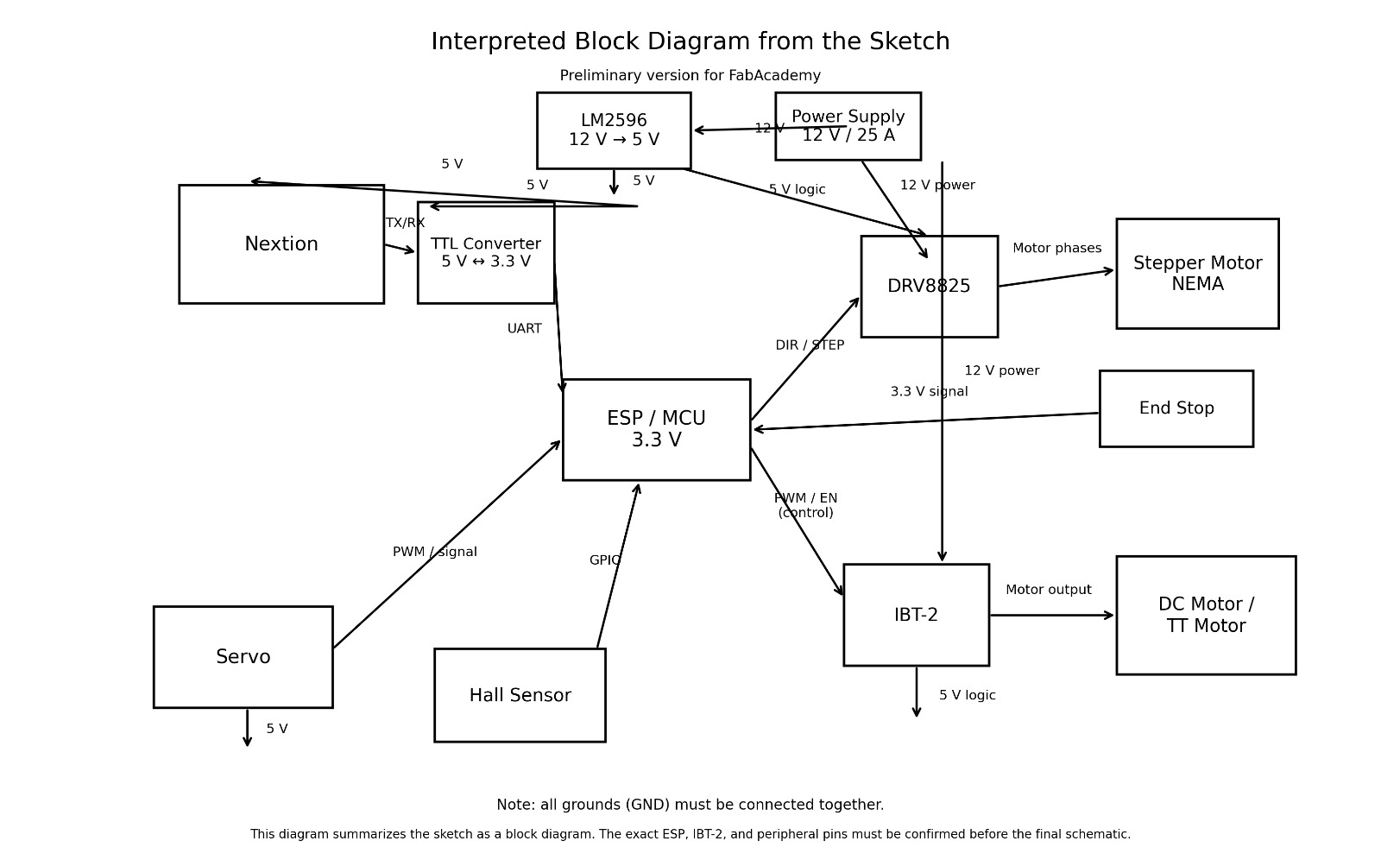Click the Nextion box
click(x=281, y=244)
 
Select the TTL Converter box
click(x=486, y=253)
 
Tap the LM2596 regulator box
click(x=614, y=130)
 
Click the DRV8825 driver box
click(x=930, y=287)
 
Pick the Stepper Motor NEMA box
click(x=1197, y=274)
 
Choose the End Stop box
click(x=1176, y=408)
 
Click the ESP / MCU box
click(x=656, y=429)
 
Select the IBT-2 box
click(x=916, y=615)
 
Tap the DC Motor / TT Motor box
click(x=1206, y=615)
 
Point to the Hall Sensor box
click(x=520, y=695)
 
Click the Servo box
click(x=243, y=657)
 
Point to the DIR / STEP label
click(x=810, y=345)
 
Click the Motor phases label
click(x=1056, y=249)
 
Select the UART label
click(x=524, y=329)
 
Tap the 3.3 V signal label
click(x=929, y=392)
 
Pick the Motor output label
click(x=1048, y=591)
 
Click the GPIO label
click(x=605, y=560)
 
